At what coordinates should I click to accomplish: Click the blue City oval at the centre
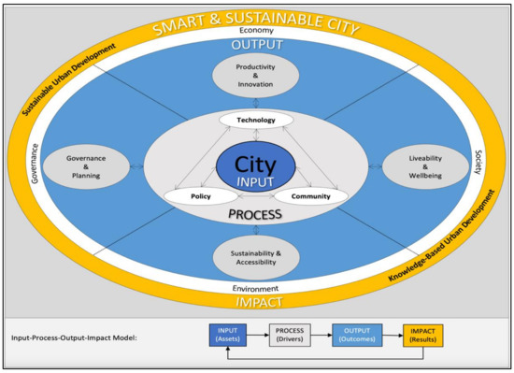click(255, 169)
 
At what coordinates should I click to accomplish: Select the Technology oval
click(256, 122)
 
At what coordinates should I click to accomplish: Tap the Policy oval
click(200, 197)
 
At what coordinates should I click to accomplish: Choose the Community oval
click(310, 197)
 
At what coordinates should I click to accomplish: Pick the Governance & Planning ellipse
click(84, 165)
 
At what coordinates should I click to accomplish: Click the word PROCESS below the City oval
click(255, 216)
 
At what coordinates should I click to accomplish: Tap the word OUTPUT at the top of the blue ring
click(256, 45)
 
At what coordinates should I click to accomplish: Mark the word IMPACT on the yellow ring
click(256, 303)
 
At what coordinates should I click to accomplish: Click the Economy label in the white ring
click(256, 31)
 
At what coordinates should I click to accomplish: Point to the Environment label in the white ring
click(256, 289)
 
